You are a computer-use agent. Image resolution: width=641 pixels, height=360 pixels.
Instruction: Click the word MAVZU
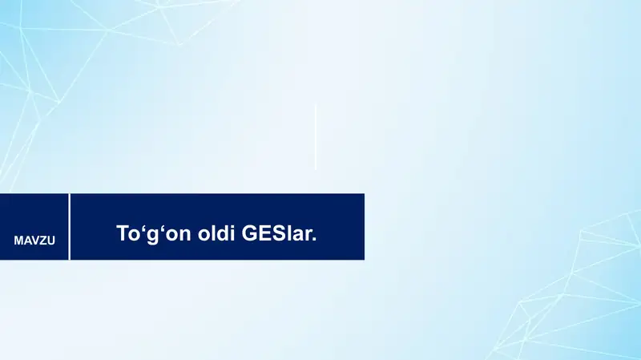coord(34,241)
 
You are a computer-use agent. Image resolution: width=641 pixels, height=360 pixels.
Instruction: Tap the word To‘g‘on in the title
coord(154,234)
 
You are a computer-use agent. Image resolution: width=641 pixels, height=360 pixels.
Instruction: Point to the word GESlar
coord(279,233)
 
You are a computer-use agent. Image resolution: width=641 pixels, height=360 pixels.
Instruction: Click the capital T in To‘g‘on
coord(123,233)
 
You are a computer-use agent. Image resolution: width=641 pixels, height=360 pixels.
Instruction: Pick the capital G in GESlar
coord(249,233)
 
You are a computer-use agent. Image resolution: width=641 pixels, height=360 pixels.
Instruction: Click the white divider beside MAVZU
coord(70,227)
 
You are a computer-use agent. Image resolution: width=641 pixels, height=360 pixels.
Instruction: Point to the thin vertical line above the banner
coord(316,136)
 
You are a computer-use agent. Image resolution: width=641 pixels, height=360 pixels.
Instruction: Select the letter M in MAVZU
coord(18,241)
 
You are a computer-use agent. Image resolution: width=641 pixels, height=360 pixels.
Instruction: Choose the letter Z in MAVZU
coord(43,241)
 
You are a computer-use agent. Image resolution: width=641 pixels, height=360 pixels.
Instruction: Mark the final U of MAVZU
coord(51,241)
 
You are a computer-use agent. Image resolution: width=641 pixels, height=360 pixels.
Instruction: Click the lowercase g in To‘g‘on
coord(152,236)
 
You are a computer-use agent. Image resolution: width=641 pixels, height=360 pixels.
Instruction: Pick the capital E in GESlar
coord(264,233)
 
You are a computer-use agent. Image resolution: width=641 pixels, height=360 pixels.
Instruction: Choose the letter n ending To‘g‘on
coord(185,235)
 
